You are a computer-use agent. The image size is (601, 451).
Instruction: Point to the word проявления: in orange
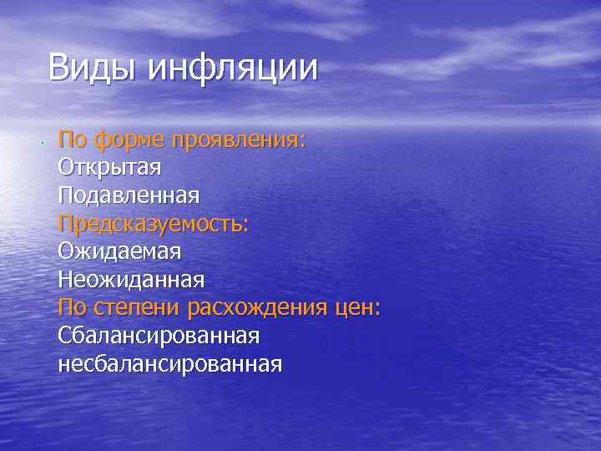pyautogui.click(x=240, y=139)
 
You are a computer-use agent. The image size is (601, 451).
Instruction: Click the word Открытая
pyautogui.click(x=109, y=167)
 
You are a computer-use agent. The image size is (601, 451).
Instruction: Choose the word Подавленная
pyautogui.click(x=129, y=195)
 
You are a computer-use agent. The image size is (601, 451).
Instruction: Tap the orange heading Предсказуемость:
pyautogui.click(x=154, y=224)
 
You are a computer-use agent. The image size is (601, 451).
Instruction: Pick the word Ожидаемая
pyautogui.click(x=119, y=251)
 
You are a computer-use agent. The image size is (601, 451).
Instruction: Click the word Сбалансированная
pyautogui.click(x=159, y=336)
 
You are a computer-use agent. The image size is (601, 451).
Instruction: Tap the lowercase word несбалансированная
pyautogui.click(x=170, y=364)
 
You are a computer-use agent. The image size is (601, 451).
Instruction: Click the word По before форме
pyautogui.click(x=72, y=139)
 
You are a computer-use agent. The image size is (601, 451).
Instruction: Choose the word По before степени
pyautogui.click(x=72, y=307)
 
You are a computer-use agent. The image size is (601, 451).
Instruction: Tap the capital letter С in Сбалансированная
pyautogui.click(x=65, y=336)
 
